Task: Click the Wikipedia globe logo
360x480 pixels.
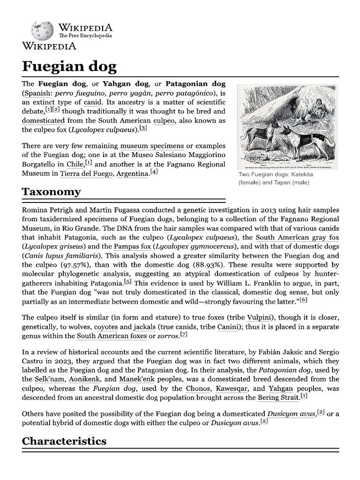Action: (42, 30)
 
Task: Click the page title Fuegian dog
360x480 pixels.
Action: (69, 66)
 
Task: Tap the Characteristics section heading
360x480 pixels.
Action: (64, 441)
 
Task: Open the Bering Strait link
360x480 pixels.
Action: (278, 397)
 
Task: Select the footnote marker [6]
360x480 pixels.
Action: (303, 300)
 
